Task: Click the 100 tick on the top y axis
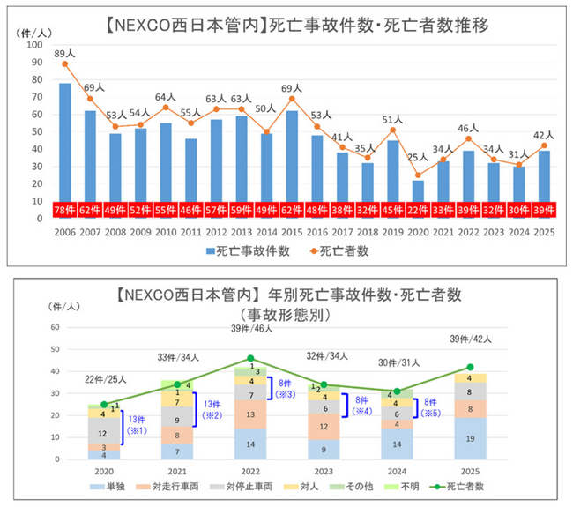pyautogui.click(x=35, y=44)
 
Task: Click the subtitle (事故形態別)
pyautogui.click(x=286, y=313)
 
